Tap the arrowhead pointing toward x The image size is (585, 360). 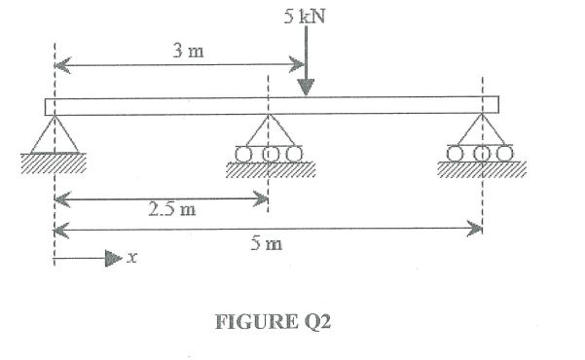click(x=113, y=259)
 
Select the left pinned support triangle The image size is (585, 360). click(x=55, y=135)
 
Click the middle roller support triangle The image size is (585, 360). click(x=268, y=131)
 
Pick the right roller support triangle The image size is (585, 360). click(x=481, y=131)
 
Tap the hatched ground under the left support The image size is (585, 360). click(x=53, y=163)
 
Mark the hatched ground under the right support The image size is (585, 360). click(x=482, y=170)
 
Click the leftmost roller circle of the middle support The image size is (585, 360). click(x=242, y=154)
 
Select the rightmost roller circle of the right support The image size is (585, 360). click(x=503, y=153)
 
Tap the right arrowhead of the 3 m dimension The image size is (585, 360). click(x=300, y=66)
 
